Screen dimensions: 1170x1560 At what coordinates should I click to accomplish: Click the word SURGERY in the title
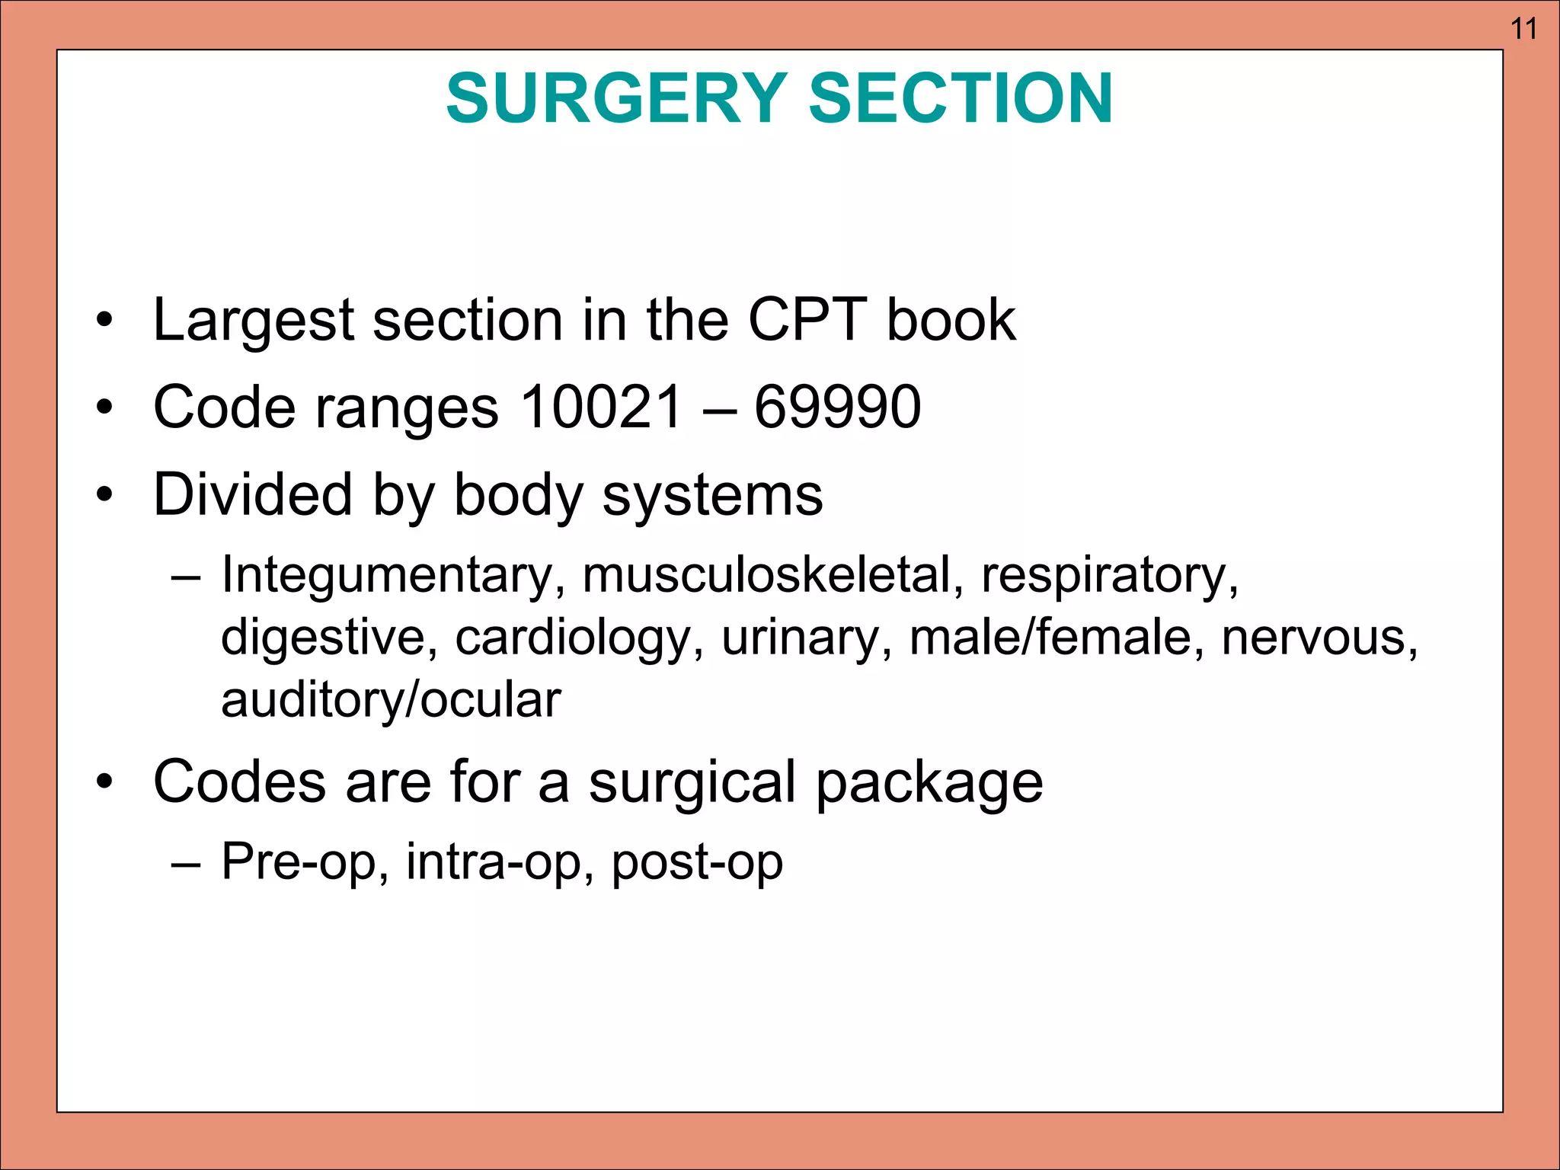coord(615,98)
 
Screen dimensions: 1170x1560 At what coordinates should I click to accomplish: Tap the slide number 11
coord(1523,29)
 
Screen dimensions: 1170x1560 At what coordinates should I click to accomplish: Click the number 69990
coord(837,407)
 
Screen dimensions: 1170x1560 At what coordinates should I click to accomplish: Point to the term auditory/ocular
coord(391,700)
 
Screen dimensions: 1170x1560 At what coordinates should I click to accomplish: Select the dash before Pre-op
coord(187,863)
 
